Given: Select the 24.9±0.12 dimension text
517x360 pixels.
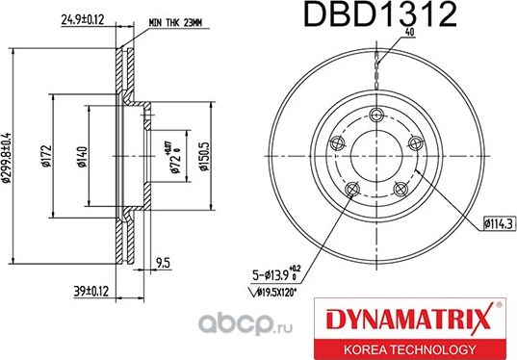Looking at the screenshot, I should (x=83, y=17).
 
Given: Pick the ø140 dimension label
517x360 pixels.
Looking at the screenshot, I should (x=81, y=153).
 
